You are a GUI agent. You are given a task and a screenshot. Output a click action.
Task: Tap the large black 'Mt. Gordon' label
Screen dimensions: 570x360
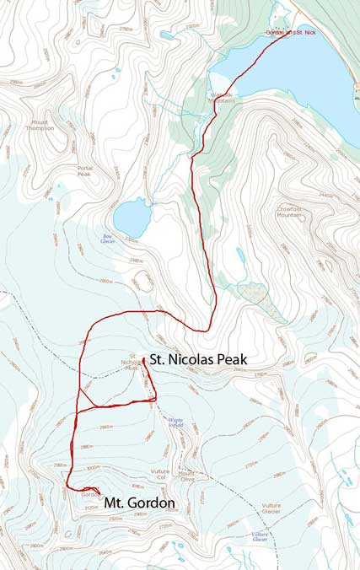pyautogui.click(x=139, y=503)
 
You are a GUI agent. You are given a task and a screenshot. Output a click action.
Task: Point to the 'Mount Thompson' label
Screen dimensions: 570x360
pyautogui.click(x=42, y=125)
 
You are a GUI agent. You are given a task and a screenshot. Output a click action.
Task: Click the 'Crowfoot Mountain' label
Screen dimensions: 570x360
pyautogui.click(x=288, y=212)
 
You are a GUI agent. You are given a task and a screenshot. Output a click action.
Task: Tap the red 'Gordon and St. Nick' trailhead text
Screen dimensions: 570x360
pyautogui.click(x=290, y=32)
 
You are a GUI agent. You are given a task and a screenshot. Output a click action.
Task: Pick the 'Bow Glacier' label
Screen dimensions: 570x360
pyautogui.click(x=108, y=239)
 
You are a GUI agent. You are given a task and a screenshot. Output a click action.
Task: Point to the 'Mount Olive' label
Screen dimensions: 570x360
pyautogui.click(x=187, y=476)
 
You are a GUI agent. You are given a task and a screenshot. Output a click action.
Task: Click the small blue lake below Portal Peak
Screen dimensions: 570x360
pyautogui.click(x=131, y=218)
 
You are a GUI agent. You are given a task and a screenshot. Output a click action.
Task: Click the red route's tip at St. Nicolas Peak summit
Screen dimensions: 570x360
pyautogui.click(x=144, y=359)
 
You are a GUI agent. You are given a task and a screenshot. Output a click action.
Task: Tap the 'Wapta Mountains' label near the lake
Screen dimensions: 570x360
pyautogui.click(x=222, y=98)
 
